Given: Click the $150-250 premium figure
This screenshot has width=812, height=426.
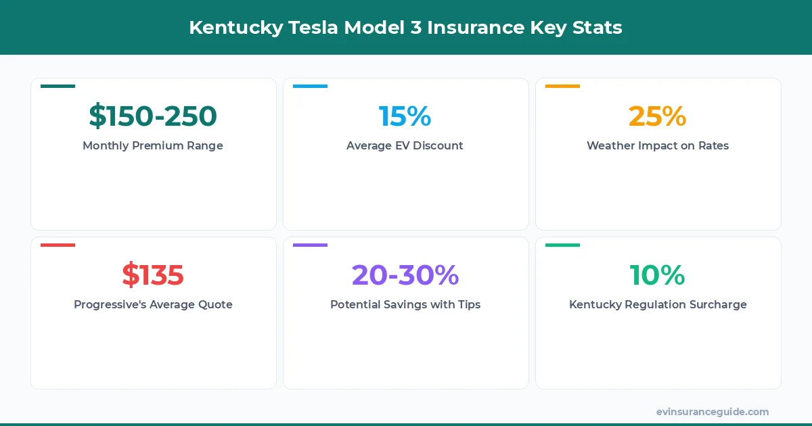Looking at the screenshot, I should [153, 116].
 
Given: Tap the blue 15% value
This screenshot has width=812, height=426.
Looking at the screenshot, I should [405, 116].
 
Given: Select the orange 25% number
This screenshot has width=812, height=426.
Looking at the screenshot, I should [657, 116].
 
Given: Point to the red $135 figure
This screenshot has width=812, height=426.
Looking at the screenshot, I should [153, 275].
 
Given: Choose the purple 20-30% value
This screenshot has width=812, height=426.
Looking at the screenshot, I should [405, 275].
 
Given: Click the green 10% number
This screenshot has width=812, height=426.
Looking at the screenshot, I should [657, 275].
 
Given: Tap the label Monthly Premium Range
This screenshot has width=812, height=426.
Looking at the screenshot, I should [153, 145].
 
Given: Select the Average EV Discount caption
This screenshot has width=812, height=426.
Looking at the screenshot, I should [405, 145].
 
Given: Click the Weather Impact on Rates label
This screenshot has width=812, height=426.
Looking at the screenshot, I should [657, 145].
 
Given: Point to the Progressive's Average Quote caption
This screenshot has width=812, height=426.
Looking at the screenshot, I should [153, 304].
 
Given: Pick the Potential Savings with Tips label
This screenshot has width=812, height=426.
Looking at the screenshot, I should [405, 304].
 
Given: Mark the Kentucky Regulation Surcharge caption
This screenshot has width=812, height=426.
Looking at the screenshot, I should [657, 304].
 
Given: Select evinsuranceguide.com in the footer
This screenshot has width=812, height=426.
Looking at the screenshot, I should [713, 412].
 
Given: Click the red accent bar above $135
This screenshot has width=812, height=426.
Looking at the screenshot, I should [58, 245].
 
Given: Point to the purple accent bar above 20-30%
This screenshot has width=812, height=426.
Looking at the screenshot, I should [310, 245].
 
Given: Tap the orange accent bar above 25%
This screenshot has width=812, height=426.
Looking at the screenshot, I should [562, 86].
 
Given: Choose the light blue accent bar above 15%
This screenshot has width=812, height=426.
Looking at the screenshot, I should [310, 86].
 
